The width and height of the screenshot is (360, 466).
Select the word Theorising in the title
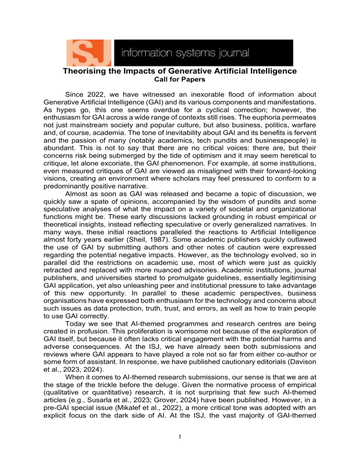click(x=86, y=72)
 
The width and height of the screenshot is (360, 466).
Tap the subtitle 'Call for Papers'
click(x=180, y=80)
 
